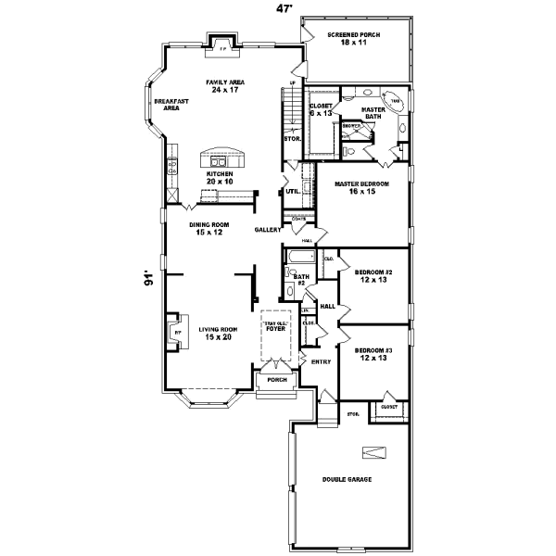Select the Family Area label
[x=224, y=86]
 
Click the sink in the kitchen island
[x=222, y=157]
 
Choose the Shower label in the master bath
[x=351, y=125]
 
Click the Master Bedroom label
[x=361, y=188]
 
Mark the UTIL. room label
[x=292, y=192]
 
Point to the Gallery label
[x=268, y=229]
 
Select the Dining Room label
[x=208, y=228]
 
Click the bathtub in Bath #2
[x=298, y=258]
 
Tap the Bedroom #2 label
[x=373, y=275]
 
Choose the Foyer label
[x=276, y=327]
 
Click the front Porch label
[x=275, y=380]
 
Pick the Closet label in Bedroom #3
[x=388, y=407]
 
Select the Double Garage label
[x=346, y=479]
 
